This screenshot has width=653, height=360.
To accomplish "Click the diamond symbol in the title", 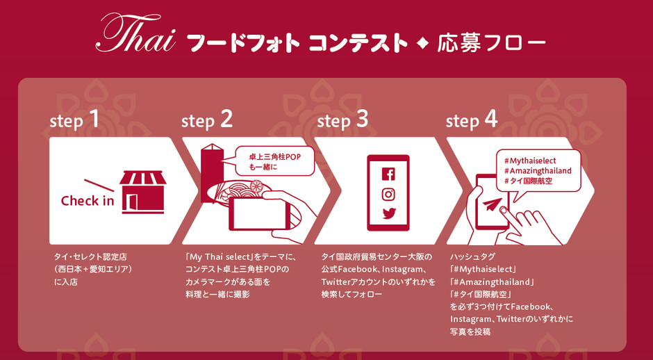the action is pyautogui.click(x=422, y=43).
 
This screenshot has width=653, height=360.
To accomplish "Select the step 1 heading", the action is pyautogui.click(x=74, y=121).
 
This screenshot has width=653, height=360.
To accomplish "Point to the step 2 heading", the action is pyautogui.click(x=207, y=121).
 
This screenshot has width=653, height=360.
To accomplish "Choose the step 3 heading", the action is pyautogui.click(x=342, y=121).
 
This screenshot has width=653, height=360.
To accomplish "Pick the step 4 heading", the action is pyautogui.click(x=472, y=121).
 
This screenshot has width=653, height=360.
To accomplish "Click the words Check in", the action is pyautogui.click(x=88, y=201).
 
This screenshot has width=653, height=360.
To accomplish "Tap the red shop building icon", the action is pyautogui.click(x=143, y=192).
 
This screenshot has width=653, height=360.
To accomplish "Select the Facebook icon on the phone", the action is pyautogui.click(x=388, y=173).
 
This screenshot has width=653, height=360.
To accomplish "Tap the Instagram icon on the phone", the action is pyautogui.click(x=388, y=194).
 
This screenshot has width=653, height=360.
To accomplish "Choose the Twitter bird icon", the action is pyautogui.click(x=388, y=213).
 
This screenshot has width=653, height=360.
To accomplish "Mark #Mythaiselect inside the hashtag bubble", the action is pyautogui.click(x=530, y=161).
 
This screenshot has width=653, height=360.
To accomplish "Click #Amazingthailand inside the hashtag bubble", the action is pyautogui.click(x=537, y=171).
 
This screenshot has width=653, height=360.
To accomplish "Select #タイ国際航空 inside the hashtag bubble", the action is pyautogui.click(x=528, y=181).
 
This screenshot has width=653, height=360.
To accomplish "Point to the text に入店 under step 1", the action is pyautogui.click(x=66, y=282).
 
